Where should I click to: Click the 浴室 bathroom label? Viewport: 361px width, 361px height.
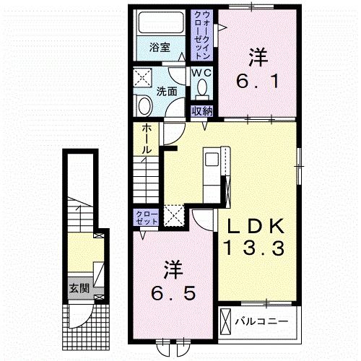click(160, 48)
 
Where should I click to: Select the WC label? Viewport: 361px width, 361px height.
click(201, 72)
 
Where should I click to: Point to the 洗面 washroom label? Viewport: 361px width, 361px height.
click(167, 92)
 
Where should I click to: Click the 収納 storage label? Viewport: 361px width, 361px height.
click(202, 111)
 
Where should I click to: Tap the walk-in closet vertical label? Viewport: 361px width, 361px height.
click(201, 35)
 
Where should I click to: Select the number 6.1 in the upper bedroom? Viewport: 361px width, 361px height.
click(257, 81)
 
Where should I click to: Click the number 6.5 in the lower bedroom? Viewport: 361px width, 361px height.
click(173, 293)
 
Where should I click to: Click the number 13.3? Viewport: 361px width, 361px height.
click(254, 248)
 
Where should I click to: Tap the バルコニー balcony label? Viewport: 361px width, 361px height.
click(261, 321)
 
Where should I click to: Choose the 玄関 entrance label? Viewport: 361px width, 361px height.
click(79, 288)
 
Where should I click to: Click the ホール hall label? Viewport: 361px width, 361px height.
click(147, 139)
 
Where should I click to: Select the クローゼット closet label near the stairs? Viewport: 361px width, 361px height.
click(147, 217)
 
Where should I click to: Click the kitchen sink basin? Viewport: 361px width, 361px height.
click(212, 160)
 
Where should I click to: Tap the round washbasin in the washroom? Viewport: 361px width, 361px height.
click(146, 106)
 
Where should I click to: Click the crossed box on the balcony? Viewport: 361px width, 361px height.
click(225, 321)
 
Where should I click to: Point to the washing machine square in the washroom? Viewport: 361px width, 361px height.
click(142, 77)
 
